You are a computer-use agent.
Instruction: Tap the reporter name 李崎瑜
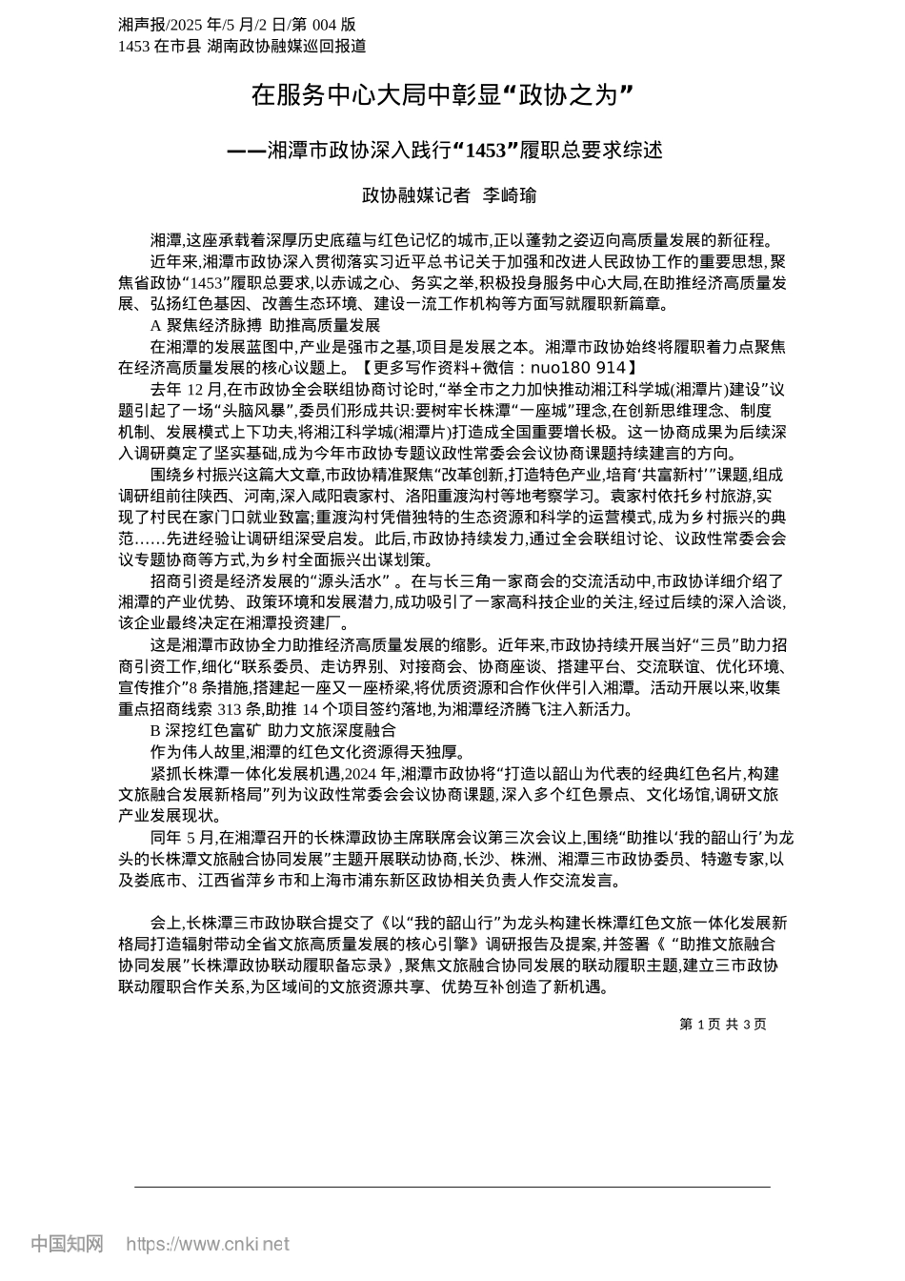point(510,196)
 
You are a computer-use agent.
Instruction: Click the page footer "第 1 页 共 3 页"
point(722,1024)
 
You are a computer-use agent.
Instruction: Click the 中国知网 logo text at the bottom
point(67,1244)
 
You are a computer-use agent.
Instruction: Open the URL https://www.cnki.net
point(208,1244)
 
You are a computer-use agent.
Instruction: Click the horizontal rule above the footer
point(452,1187)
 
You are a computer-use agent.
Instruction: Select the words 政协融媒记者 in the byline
point(416,196)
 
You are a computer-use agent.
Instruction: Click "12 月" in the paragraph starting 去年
point(204,389)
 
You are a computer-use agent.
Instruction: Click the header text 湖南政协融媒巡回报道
point(287,45)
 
